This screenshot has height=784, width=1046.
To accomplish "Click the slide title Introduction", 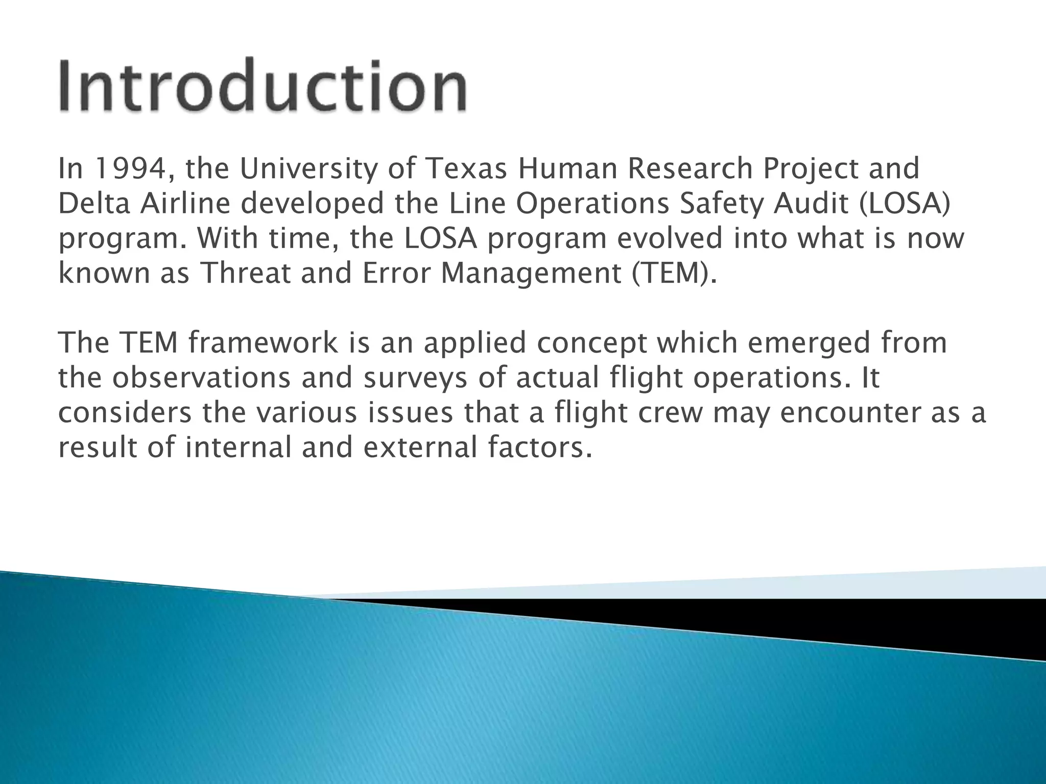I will (x=263, y=86).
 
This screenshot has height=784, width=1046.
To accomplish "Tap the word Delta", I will (x=94, y=204).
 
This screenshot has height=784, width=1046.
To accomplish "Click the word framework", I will (x=263, y=342).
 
